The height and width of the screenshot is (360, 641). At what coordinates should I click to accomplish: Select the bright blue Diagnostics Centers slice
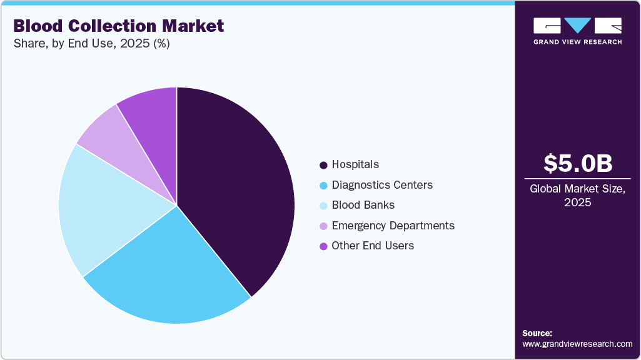click(169, 275)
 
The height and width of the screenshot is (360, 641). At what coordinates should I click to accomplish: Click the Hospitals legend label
click(355, 165)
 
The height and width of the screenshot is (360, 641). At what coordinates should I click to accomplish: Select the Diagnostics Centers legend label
click(382, 185)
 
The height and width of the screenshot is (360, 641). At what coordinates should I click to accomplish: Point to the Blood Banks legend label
click(363, 205)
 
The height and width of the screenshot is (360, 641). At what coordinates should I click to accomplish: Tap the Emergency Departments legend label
click(393, 226)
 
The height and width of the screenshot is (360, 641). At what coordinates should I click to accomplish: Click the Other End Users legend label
click(373, 246)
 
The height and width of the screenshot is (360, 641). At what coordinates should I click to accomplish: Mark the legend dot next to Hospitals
click(323, 166)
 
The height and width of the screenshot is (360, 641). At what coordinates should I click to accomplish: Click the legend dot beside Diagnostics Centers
click(323, 186)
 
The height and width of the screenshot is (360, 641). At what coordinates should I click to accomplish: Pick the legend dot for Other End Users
click(323, 246)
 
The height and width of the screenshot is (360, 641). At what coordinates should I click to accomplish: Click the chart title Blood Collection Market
click(118, 26)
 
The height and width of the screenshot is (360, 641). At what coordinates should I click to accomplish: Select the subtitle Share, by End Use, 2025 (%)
click(91, 43)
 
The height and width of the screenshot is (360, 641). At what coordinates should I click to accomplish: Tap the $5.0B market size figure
click(577, 163)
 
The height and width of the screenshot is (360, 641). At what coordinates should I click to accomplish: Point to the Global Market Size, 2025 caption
click(577, 195)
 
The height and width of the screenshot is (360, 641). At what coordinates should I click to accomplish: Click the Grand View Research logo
click(577, 31)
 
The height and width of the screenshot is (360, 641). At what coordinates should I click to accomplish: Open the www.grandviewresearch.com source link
click(577, 344)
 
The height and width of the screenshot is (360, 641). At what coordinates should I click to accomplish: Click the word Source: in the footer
click(537, 333)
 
